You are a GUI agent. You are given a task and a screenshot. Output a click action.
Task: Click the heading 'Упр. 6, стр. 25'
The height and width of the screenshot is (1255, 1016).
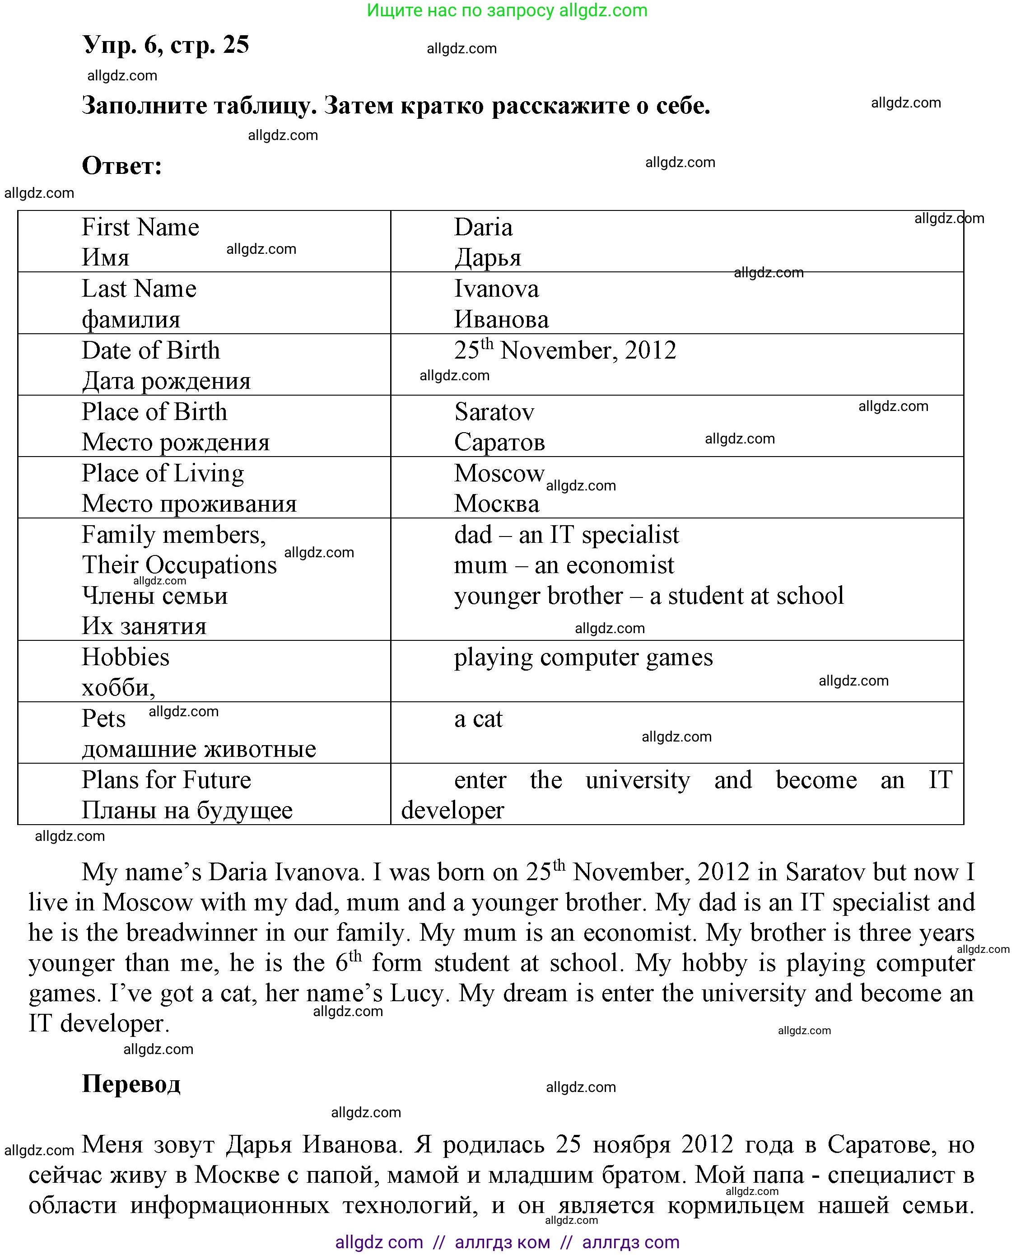point(166,45)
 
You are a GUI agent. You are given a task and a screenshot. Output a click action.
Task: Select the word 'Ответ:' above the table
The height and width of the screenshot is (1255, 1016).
point(122,166)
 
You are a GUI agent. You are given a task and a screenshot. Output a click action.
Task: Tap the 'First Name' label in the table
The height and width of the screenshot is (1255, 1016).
point(140,227)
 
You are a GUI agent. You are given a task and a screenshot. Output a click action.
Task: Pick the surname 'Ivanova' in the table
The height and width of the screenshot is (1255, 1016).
point(496,289)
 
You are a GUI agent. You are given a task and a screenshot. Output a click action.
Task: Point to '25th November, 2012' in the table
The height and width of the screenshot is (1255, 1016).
point(565,350)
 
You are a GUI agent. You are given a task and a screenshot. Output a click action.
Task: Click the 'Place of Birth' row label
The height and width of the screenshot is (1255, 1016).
point(154,411)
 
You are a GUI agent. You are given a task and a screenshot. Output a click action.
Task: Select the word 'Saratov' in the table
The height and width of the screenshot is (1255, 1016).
point(494,411)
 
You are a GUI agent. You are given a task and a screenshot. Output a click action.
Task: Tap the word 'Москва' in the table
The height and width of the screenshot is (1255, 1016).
point(496,504)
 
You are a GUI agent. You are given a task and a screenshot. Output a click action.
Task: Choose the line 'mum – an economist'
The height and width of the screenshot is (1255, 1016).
point(564,565)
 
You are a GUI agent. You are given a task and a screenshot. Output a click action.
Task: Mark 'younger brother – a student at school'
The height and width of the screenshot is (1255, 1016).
point(648,595)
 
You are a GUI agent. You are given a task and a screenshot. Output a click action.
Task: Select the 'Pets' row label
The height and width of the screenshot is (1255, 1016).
point(103,718)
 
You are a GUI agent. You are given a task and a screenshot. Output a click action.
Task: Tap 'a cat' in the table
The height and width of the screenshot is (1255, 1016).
point(478,718)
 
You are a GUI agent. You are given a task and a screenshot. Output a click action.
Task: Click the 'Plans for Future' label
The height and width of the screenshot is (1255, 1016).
point(166,780)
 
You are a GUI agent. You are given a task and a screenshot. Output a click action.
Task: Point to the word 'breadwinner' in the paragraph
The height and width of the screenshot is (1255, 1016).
point(191,933)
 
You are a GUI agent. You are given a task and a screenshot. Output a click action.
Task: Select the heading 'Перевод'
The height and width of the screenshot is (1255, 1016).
point(131,1083)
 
